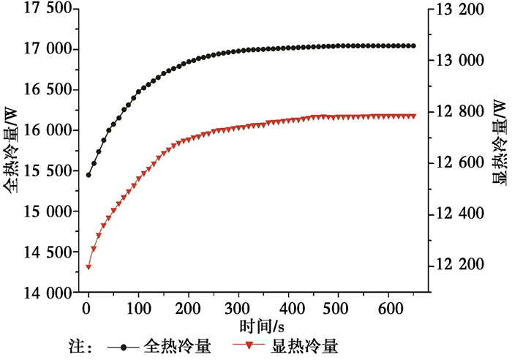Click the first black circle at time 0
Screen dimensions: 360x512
[89, 175]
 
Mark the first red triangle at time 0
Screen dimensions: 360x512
[89, 267]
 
